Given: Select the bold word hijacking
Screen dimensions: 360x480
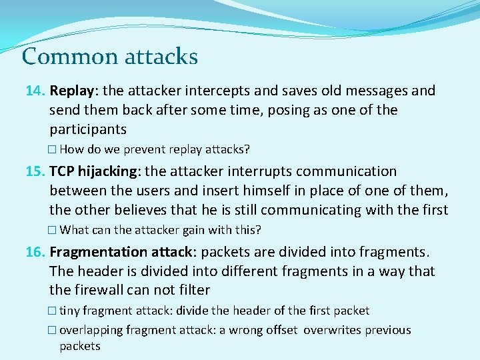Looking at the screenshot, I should point(107,171).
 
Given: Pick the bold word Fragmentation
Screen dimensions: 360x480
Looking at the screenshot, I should point(98,252).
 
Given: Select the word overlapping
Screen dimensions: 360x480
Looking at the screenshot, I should point(89,330).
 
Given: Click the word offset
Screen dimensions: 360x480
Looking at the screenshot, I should point(283,330).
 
